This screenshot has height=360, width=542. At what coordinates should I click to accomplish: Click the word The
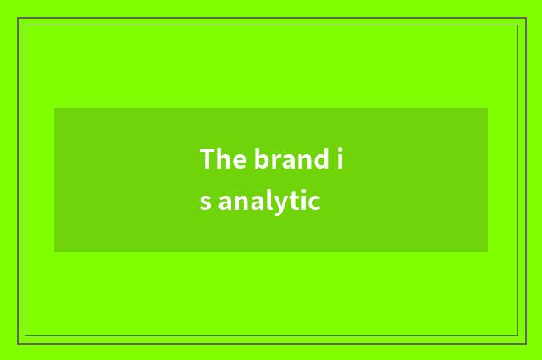pyautogui.click(x=221, y=159)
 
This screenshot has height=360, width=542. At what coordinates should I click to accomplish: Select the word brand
pyautogui.click(x=290, y=159)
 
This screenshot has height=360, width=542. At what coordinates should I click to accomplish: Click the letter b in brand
pyautogui.click(x=258, y=159)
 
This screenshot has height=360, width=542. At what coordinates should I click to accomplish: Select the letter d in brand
pyautogui.click(x=321, y=159)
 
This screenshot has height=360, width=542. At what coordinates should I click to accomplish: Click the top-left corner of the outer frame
pyautogui.click(x=18, y=18)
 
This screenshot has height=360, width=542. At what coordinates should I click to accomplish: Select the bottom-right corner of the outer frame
pyautogui.click(x=525, y=343)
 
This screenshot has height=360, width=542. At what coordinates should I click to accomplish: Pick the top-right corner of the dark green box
pyautogui.click(x=487, y=108)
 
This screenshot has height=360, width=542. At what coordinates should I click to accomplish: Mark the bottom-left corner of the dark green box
pyautogui.click(x=55, y=251)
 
